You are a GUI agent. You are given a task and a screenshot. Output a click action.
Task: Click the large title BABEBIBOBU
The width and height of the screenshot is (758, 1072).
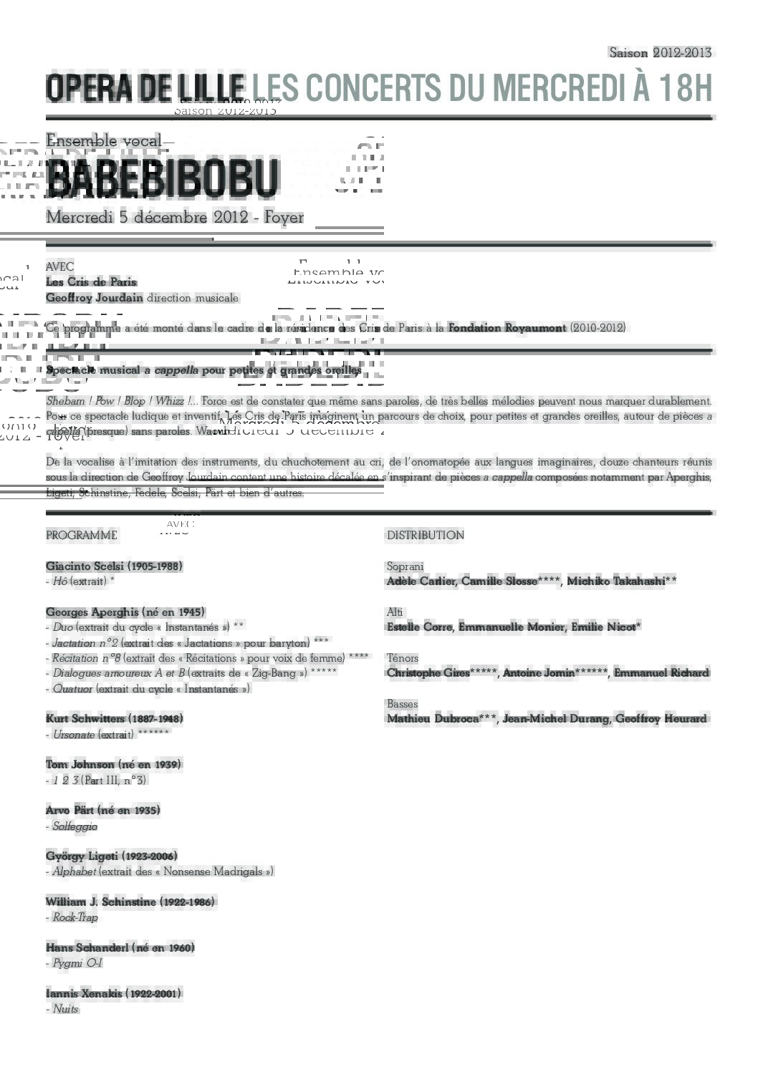click(161, 178)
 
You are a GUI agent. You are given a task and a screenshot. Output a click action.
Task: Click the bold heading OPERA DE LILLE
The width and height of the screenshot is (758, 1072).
click(145, 88)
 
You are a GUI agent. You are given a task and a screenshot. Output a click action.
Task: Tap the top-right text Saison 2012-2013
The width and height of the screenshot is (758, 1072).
click(660, 52)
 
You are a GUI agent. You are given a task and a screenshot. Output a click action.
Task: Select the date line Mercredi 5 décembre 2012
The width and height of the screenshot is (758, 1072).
click(147, 217)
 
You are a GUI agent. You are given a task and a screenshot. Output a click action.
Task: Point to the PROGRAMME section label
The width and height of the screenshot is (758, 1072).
click(82, 535)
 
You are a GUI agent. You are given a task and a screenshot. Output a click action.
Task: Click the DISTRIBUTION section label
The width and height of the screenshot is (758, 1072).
click(425, 535)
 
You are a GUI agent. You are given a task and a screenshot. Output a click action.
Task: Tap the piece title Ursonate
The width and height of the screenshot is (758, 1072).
click(74, 734)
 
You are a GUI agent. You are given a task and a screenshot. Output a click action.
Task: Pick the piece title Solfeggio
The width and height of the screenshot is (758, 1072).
click(75, 826)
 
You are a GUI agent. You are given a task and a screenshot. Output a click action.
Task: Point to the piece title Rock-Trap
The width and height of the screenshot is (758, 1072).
click(75, 917)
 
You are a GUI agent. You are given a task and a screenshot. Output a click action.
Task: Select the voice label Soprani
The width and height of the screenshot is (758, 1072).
click(405, 566)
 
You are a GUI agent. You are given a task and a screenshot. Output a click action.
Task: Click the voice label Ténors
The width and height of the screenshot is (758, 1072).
click(403, 657)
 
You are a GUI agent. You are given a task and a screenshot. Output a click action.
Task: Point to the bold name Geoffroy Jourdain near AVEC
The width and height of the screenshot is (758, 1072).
click(94, 297)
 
